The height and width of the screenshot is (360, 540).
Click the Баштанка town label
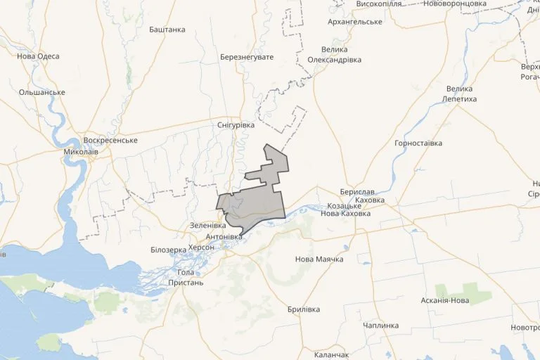(x=167, y=30)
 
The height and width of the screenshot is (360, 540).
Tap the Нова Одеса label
(x=38, y=56)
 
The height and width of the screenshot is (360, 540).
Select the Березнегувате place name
(x=246, y=56)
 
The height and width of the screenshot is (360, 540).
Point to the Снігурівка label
(x=236, y=124)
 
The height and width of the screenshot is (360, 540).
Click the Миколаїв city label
(x=75, y=151)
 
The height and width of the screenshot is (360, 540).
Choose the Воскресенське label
(x=110, y=141)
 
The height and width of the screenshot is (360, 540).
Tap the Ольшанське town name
(x=42, y=92)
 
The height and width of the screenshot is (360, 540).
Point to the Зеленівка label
(x=208, y=226)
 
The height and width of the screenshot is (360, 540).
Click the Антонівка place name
(x=224, y=237)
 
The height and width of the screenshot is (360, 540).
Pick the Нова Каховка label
(x=345, y=214)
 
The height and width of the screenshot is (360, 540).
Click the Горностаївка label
(x=418, y=143)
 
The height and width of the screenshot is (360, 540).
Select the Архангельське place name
(x=355, y=22)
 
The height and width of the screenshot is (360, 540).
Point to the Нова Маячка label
(x=319, y=259)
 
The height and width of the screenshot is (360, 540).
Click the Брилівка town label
(x=304, y=309)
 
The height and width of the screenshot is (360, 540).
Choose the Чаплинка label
(x=381, y=326)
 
